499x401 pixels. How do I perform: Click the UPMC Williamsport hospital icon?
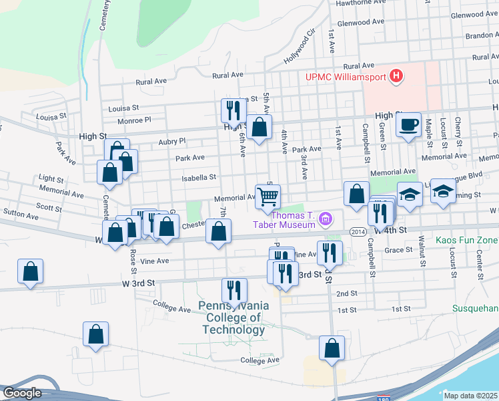396,76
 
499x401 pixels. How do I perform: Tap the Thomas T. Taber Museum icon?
326,218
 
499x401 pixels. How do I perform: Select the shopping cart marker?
268,197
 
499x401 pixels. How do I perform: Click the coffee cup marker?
408,124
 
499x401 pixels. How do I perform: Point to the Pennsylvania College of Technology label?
234,317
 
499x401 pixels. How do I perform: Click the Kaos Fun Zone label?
467,239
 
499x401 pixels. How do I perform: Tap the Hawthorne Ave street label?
361,3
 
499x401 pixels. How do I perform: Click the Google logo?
22,393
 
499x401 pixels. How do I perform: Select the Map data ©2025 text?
470,396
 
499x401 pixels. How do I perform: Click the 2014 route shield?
357,231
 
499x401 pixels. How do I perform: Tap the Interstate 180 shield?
382,398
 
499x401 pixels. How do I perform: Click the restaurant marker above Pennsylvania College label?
234,290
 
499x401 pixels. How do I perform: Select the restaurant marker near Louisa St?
231,110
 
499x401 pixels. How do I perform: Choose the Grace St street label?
400,250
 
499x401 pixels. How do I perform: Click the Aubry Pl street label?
171,142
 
